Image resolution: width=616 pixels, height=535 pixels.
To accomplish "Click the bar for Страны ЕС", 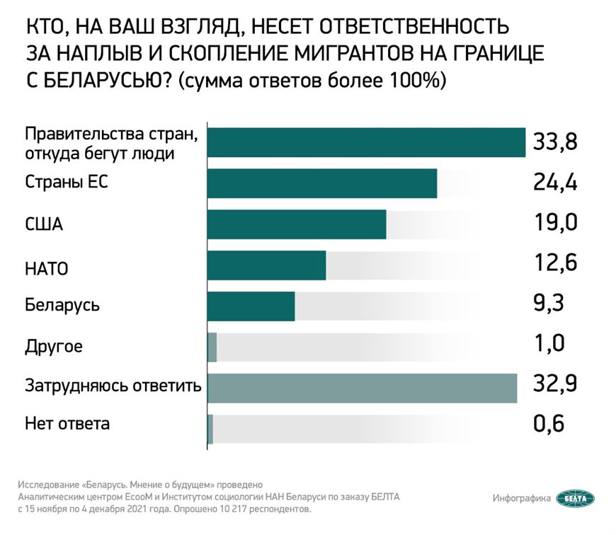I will [x=322, y=184].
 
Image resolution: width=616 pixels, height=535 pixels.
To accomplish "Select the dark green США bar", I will [x=297, y=224].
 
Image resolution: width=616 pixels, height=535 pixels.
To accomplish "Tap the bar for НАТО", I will [x=267, y=265].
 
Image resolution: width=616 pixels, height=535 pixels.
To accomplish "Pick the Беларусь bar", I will [x=251, y=306].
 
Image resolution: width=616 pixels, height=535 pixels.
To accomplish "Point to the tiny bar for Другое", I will [x=212, y=347].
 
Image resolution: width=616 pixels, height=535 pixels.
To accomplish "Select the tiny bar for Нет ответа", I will [x=210, y=429].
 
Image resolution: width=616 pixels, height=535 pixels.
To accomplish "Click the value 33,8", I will [x=555, y=142].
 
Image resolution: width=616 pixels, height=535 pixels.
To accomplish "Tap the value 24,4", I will [x=555, y=183].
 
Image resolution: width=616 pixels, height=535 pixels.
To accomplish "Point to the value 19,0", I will [x=555, y=223].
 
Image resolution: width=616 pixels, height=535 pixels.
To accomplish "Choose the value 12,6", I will [x=555, y=264].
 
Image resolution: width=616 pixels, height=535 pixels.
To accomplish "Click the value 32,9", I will [x=555, y=386].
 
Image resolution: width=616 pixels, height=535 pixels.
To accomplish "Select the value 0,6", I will [x=549, y=426].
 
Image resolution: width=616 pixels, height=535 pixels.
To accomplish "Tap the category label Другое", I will [x=54, y=347].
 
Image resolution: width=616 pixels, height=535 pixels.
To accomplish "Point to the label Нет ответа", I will [x=67, y=425].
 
